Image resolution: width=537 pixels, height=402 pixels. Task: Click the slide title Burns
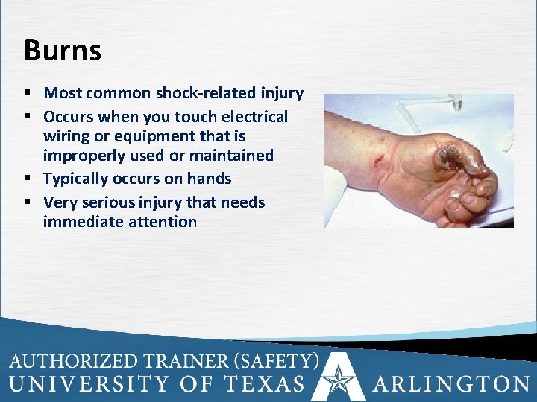point(62,51)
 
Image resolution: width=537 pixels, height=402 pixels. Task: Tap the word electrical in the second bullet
point(251,117)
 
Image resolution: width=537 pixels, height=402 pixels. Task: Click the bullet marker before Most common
point(28,94)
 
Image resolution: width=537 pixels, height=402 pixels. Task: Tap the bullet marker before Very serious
point(28,202)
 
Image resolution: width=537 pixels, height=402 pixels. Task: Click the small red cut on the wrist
point(381,159)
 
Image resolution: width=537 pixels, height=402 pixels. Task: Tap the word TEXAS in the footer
point(262,384)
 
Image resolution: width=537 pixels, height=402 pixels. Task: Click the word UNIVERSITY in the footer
point(89,384)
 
